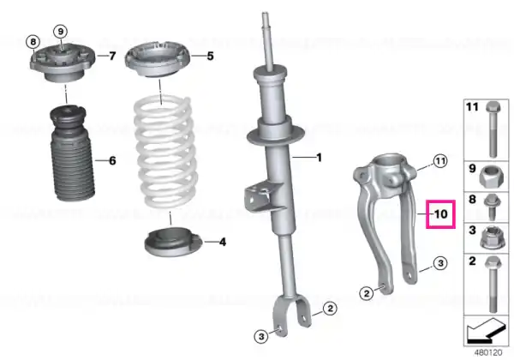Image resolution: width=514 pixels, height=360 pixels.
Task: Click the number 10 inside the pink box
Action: (x=441, y=214)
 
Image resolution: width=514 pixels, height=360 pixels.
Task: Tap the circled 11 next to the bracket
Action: (x=440, y=161)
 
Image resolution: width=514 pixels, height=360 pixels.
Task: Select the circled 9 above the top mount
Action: (x=60, y=32)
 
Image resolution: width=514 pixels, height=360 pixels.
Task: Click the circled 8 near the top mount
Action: (x=33, y=42)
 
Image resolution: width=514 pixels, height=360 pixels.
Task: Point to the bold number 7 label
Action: (x=112, y=56)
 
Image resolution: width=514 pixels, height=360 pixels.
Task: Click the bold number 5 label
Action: (x=210, y=56)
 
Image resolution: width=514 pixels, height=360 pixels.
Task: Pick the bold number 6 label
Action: (x=112, y=160)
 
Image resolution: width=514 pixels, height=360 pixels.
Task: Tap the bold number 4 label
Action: (x=223, y=243)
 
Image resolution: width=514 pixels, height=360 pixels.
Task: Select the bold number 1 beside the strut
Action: (x=319, y=158)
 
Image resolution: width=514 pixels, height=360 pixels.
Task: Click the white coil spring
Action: (x=165, y=152)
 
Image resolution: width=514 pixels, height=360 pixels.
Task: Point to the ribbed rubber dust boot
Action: (x=71, y=153)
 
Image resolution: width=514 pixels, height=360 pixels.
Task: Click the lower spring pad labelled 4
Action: (x=173, y=243)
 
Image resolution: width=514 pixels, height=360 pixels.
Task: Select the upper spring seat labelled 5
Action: (x=158, y=60)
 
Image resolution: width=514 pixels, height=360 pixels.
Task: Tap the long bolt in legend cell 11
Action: (x=493, y=129)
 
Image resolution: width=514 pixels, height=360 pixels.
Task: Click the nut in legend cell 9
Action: (x=489, y=176)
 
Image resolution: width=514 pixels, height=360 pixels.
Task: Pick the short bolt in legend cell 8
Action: (x=492, y=207)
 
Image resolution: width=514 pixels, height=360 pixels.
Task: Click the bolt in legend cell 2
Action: (x=493, y=284)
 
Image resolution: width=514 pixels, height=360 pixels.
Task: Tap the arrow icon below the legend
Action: (x=486, y=330)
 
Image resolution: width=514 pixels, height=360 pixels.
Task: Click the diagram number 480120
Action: (x=488, y=353)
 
